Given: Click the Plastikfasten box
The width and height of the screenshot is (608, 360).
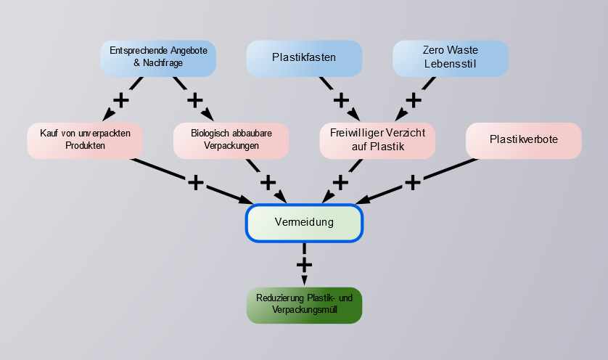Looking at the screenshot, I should pyautogui.click(x=304, y=57).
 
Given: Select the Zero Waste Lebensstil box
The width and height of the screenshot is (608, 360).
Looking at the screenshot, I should pyautogui.click(x=450, y=57).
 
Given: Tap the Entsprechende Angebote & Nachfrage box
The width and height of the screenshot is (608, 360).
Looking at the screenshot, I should pyautogui.click(x=158, y=57).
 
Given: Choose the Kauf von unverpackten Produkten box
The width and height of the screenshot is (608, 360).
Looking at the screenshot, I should pyautogui.click(x=85, y=139).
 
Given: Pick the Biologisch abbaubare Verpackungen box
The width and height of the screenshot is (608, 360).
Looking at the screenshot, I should pyautogui.click(x=231, y=139).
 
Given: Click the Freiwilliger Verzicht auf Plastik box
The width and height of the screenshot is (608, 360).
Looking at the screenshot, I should pyautogui.click(x=377, y=139).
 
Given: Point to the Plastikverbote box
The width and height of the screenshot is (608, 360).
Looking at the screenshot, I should pyautogui.click(x=523, y=139).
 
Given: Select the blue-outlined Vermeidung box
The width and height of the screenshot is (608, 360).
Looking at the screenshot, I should pyautogui.click(x=304, y=222).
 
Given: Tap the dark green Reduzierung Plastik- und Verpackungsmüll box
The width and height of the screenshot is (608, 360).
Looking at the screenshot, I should pyautogui.click(x=304, y=305).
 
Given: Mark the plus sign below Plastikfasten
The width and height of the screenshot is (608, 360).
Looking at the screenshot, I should pyautogui.click(x=340, y=99).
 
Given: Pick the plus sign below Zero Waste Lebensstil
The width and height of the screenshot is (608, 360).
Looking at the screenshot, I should pyautogui.click(x=414, y=99).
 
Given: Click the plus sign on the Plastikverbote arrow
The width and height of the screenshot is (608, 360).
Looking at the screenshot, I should pyautogui.click(x=413, y=181).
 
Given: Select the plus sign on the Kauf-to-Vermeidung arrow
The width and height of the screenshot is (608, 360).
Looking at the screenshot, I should pyautogui.click(x=195, y=181).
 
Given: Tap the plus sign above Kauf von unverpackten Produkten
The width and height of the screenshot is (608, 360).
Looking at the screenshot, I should pyautogui.click(x=122, y=99).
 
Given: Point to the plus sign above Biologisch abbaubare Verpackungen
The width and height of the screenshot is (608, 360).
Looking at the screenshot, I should pyautogui.click(x=194, y=99).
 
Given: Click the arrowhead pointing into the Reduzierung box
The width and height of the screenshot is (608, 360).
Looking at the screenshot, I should pyautogui.click(x=304, y=281).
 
